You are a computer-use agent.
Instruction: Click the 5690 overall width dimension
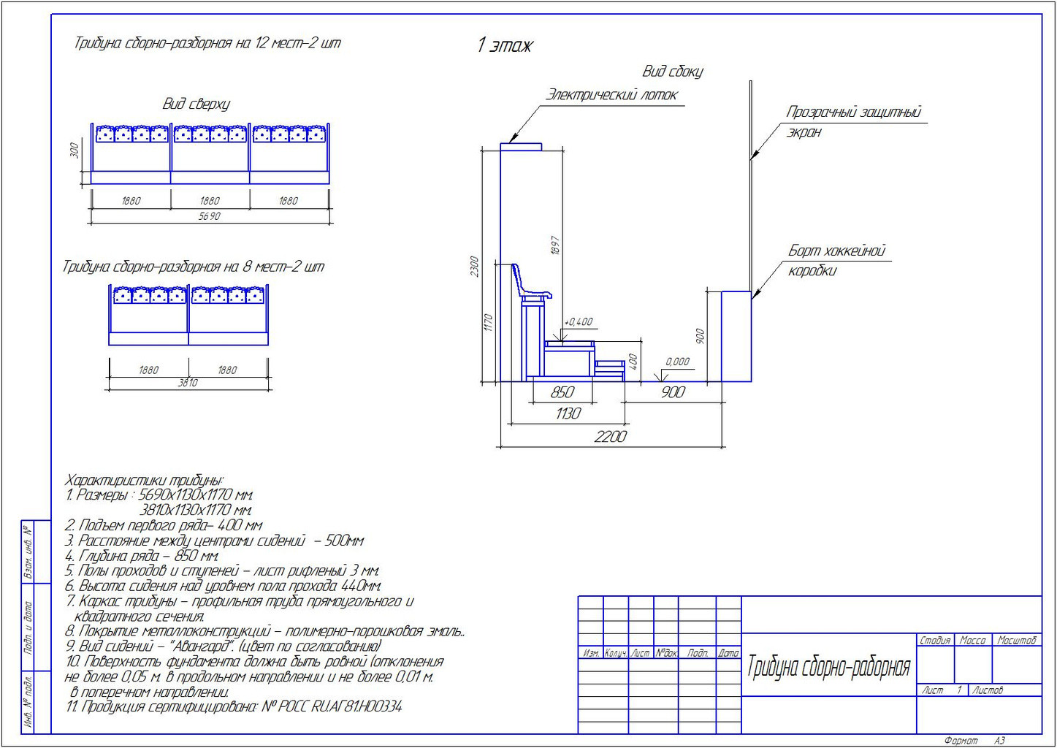tap(209, 216)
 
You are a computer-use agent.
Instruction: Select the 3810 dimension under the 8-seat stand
tap(188, 382)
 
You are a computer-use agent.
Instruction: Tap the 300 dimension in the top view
tap(74, 150)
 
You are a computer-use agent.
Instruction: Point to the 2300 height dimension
tap(474, 267)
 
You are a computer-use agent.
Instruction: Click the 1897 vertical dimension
tap(555, 245)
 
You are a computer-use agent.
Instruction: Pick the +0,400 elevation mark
tap(579, 321)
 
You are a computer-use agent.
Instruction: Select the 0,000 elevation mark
tap(677, 362)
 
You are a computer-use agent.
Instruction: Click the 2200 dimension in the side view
tap(610, 437)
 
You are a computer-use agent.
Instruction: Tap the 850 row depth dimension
tap(562, 392)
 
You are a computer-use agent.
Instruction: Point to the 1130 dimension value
tap(568, 414)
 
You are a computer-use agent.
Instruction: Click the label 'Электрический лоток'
tap(612, 95)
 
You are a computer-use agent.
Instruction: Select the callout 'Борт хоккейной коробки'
tap(836, 261)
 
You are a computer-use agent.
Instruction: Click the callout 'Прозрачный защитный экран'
tap(853, 121)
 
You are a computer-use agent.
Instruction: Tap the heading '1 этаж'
tap(504, 45)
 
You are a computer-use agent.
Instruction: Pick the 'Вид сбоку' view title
tap(672, 72)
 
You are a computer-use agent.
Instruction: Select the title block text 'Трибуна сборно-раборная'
tap(828, 667)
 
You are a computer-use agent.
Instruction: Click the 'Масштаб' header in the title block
tap(1016, 641)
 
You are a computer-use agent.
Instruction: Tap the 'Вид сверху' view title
tap(196, 104)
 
